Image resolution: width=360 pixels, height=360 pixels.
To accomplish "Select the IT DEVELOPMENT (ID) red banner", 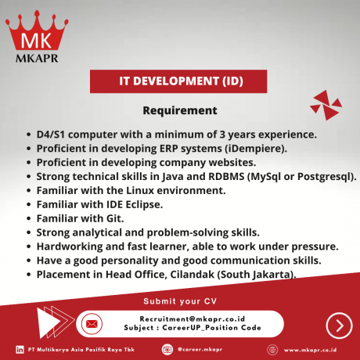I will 180,81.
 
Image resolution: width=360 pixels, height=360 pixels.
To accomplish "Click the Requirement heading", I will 180,110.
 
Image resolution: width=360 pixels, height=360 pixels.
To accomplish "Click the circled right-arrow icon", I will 338,324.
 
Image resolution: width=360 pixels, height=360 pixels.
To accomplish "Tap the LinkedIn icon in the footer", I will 20,349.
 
